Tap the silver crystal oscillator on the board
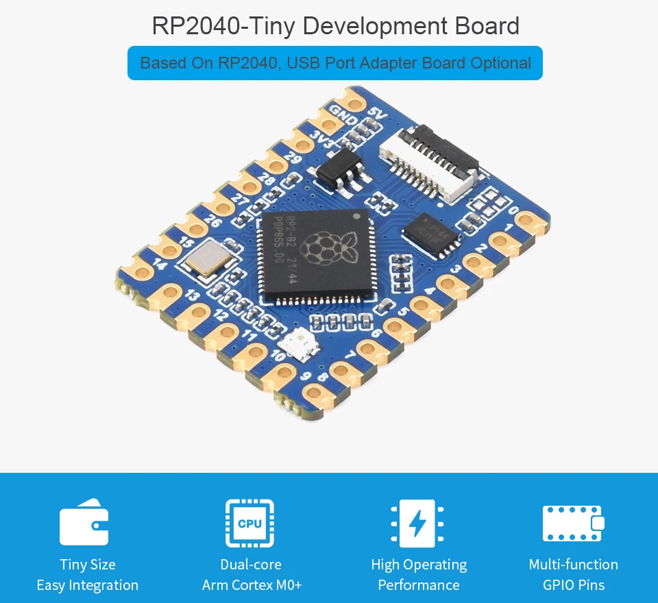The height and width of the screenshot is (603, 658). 206,260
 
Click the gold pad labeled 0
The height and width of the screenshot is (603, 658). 530,221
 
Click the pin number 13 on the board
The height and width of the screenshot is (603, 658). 192,296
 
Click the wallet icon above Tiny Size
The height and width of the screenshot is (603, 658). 84,524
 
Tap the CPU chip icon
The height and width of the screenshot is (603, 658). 250,524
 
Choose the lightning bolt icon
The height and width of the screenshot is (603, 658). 417,524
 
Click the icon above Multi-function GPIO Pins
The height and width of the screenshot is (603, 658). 573,524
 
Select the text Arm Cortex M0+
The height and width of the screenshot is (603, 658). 252,585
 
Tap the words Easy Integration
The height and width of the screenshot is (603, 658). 87,585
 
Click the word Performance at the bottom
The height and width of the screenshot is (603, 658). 418,585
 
